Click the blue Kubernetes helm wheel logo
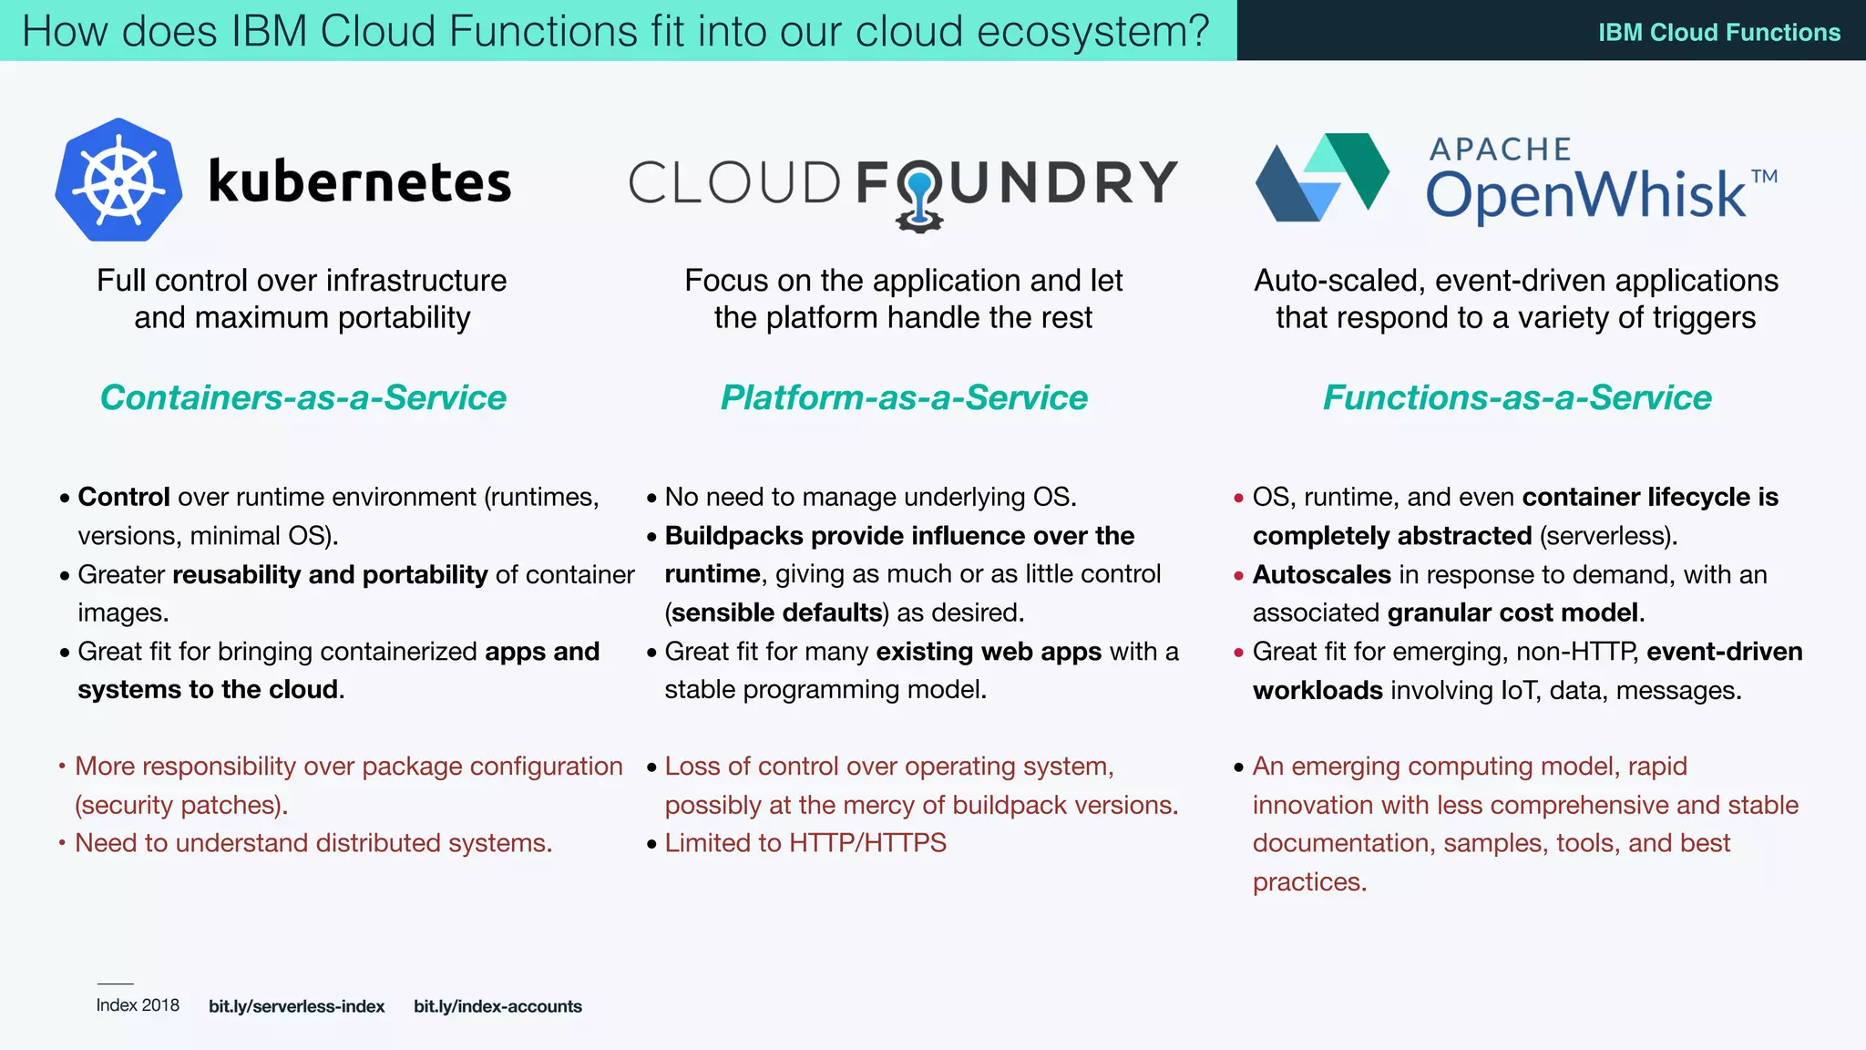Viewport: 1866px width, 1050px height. [118, 180]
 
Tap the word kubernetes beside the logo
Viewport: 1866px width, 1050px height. [360, 181]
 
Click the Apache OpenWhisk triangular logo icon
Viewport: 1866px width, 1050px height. [1322, 178]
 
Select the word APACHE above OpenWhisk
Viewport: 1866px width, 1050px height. [1501, 149]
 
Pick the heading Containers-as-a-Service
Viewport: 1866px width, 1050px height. [302, 397]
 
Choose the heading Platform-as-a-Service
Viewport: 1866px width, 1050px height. [904, 397]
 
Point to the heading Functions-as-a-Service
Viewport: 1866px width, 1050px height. [1517, 397]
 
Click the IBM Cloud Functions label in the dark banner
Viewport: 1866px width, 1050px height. [1719, 33]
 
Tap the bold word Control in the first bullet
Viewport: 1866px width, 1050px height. [124, 497]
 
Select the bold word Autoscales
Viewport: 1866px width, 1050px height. [1321, 574]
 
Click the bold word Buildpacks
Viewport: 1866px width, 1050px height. [734, 536]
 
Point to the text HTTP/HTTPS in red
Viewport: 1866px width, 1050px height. [868, 843]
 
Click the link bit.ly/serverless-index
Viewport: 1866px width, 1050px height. [296, 1006]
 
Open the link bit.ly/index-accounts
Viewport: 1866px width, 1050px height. [497, 1006]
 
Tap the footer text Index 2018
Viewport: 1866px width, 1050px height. [138, 1005]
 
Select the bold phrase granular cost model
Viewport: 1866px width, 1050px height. [1512, 612]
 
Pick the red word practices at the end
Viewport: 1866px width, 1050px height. [1308, 882]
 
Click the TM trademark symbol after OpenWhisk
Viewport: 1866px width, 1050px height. [1764, 176]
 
